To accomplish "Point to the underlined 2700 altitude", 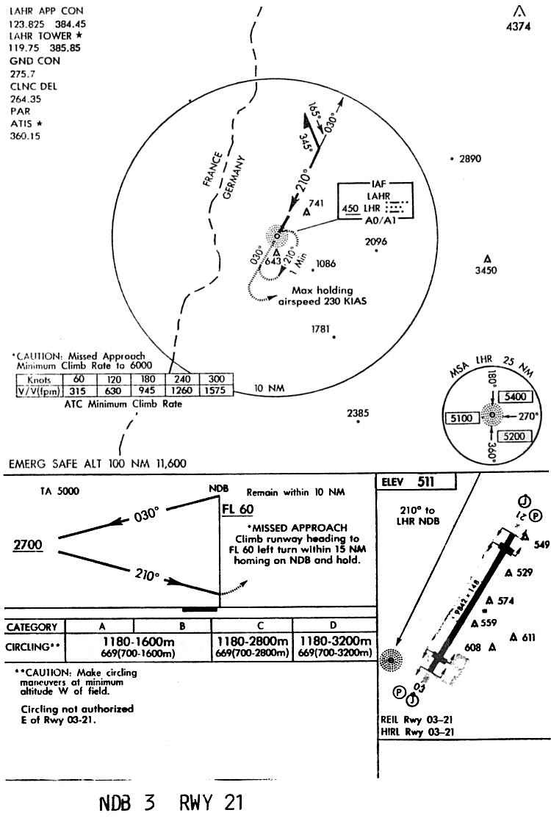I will click(x=28, y=544).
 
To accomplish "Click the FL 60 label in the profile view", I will click(x=240, y=508).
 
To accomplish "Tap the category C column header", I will click(x=251, y=626).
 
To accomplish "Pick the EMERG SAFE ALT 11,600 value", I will click(x=168, y=463).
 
